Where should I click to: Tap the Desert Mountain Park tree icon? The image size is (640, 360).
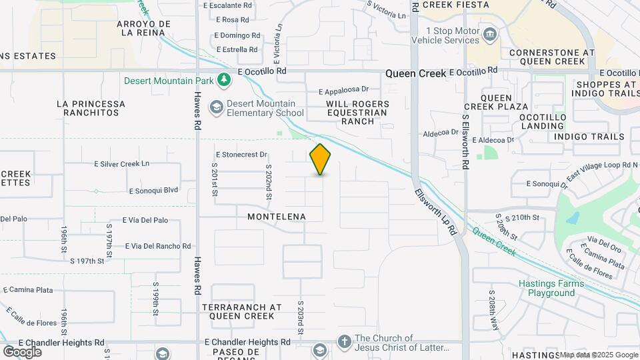pos(225,81)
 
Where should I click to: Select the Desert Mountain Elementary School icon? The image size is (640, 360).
pos(216,107)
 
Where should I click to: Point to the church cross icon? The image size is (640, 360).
pos(344,342)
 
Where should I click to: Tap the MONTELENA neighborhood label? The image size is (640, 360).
pos(277,217)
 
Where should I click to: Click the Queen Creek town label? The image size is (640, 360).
pos(413,74)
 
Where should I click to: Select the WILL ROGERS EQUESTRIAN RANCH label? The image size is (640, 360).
pos(356,113)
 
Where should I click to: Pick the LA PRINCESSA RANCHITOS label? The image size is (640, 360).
pos(91,108)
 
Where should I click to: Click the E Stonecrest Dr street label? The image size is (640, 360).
pos(241,154)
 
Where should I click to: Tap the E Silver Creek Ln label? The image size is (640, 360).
pos(122,163)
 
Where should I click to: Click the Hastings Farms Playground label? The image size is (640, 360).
pos(551,288)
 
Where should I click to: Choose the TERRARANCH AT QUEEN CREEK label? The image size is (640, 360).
pos(238,311)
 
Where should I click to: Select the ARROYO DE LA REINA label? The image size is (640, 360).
pos(143,27)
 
